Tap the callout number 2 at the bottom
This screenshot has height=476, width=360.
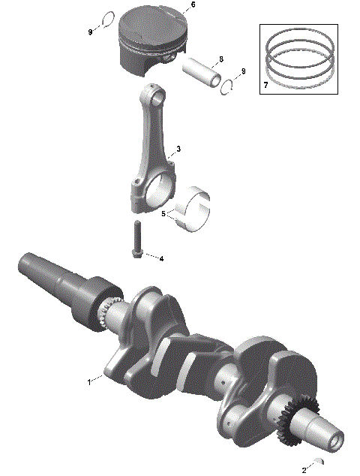click(304, 469)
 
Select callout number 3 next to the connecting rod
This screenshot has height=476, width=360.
click(178, 149)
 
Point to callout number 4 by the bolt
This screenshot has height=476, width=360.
click(160, 258)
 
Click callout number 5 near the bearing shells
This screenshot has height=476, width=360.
click(163, 214)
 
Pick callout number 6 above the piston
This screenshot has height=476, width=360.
click(193, 5)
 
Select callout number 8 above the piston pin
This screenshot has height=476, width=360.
click(220, 59)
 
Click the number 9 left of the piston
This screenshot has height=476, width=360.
click(90, 32)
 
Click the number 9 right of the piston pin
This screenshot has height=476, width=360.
click(242, 71)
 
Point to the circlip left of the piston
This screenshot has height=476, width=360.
click(107, 20)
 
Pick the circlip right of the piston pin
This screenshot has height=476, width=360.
click(228, 88)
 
